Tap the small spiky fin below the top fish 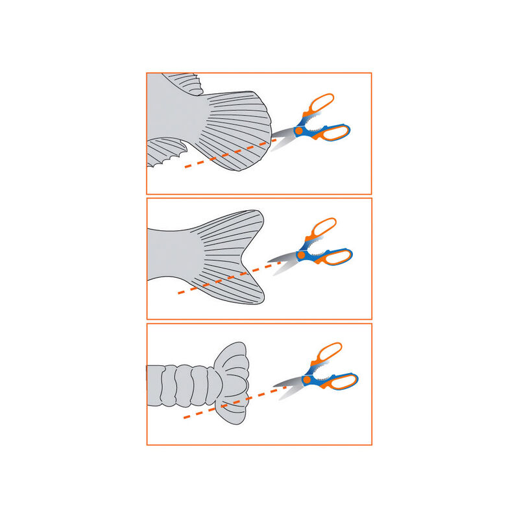click(165, 152)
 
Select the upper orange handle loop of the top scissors click(320, 104)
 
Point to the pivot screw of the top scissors click(299, 131)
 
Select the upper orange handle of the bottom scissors click(328, 354)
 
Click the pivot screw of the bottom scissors click(308, 381)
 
